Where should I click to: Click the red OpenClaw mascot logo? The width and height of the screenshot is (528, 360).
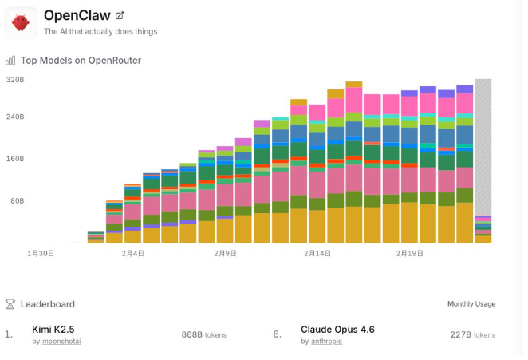click(x=22, y=22)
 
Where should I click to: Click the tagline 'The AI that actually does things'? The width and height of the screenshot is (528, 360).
click(x=100, y=32)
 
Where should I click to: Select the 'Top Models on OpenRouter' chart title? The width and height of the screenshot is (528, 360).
click(x=81, y=60)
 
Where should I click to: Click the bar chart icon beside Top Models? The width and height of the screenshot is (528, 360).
click(x=10, y=60)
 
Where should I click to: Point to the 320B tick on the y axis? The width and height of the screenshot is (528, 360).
click(x=15, y=80)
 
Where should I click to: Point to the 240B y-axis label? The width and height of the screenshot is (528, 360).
click(x=15, y=117)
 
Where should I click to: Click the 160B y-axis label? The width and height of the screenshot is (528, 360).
click(x=15, y=159)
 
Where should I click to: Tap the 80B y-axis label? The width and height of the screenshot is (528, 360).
click(x=17, y=201)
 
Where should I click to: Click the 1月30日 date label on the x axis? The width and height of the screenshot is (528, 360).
click(x=41, y=253)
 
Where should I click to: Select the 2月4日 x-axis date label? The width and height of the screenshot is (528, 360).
click(x=133, y=253)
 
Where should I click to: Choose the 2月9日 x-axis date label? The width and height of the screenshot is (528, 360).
click(x=225, y=253)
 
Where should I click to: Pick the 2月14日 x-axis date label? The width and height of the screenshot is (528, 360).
click(x=317, y=253)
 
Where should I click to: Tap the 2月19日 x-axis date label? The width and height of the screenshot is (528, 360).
click(x=409, y=253)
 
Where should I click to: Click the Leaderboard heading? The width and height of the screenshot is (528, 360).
click(x=47, y=304)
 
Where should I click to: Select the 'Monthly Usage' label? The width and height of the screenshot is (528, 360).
click(x=471, y=304)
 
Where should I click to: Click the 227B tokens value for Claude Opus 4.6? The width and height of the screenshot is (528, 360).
click(x=472, y=334)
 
